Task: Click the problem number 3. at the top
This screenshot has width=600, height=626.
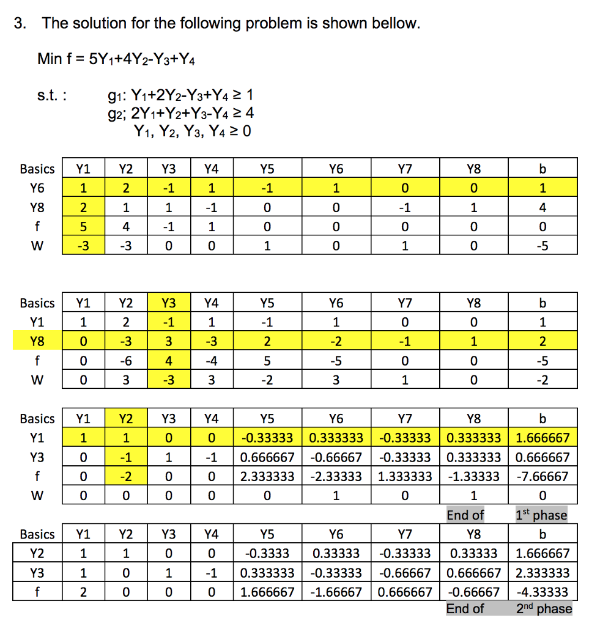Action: pos(21,24)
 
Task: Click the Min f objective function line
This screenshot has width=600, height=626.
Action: pos(116,59)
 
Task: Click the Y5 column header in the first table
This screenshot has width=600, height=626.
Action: pos(267,168)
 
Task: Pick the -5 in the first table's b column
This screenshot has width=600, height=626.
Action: pos(542,246)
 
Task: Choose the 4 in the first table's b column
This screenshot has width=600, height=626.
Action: pos(542,207)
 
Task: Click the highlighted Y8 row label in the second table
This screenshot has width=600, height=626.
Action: pos(37,341)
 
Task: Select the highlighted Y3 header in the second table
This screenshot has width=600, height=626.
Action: pos(168,303)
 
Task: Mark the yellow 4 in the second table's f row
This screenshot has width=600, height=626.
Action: pos(168,361)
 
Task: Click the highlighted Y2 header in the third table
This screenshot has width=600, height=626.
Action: pos(125,419)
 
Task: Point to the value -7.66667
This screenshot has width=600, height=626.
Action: pos(542,476)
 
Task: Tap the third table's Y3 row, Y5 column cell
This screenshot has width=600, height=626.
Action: pos(267,457)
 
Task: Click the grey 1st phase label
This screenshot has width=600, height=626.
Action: pos(542,515)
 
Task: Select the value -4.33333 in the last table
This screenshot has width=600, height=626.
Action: pos(542,592)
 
